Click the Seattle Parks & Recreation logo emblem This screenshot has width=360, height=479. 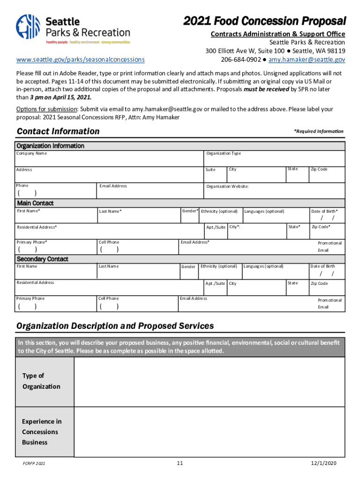pyautogui.click(x=29, y=26)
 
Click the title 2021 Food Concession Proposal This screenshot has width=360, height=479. pyautogui.click(x=265, y=22)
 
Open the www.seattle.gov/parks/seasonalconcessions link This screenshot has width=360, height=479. pyautogui.click(x=80, y=59)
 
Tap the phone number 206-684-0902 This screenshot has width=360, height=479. pyautogui.click(x=240, y=59)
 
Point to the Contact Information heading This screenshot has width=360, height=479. pyautogui.click(x=58, y=131)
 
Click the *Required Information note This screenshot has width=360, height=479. pyautogui.click(x=318, y=131)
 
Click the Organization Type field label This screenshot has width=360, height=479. pyautogui.click(x=223, y=153)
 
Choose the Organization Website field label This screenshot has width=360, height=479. pyautogui.click(x=227, y=186)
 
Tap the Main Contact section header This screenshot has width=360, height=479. pyautogui.click(x=35, y=203)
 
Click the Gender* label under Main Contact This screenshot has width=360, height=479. pyautogui.click(x=190, y=211)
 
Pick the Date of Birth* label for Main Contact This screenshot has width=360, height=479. pyautogui.click(x=324, y=211)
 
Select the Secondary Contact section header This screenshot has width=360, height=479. pyautogui.click(x=43, y=259)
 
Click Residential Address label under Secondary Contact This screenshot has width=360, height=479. pyautogui.click(x=35, y=283)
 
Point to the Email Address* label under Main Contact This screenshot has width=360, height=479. pyautogui.click(x=194, y=242)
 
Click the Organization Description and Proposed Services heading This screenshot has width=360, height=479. pyautogui.click(x=115, y=326)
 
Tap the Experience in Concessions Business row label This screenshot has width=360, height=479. pyautogui.click(x=42, y=432)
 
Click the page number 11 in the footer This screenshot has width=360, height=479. pyautogui.click(x=180, y=463)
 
